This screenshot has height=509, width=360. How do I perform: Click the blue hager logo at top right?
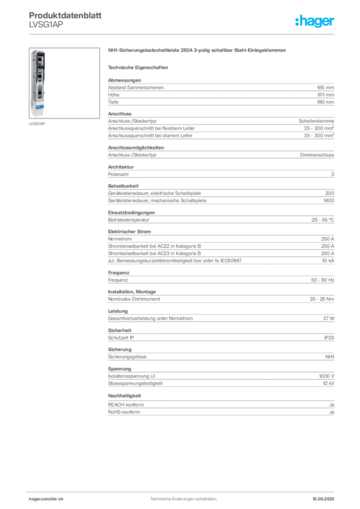(x=315, y=22)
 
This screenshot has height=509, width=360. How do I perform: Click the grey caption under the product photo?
(x=37, y=124)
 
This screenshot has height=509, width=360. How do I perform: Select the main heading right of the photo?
(x=197, y=51)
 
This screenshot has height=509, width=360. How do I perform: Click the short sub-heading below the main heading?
(x=139, y=67)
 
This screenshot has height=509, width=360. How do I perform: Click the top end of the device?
(x=38, y=51)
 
